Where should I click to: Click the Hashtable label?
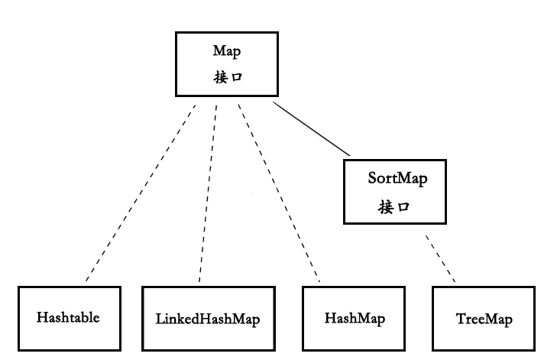tap(68, 317)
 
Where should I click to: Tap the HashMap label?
tap(355, 317)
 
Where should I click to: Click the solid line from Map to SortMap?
tap(310, 128)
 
